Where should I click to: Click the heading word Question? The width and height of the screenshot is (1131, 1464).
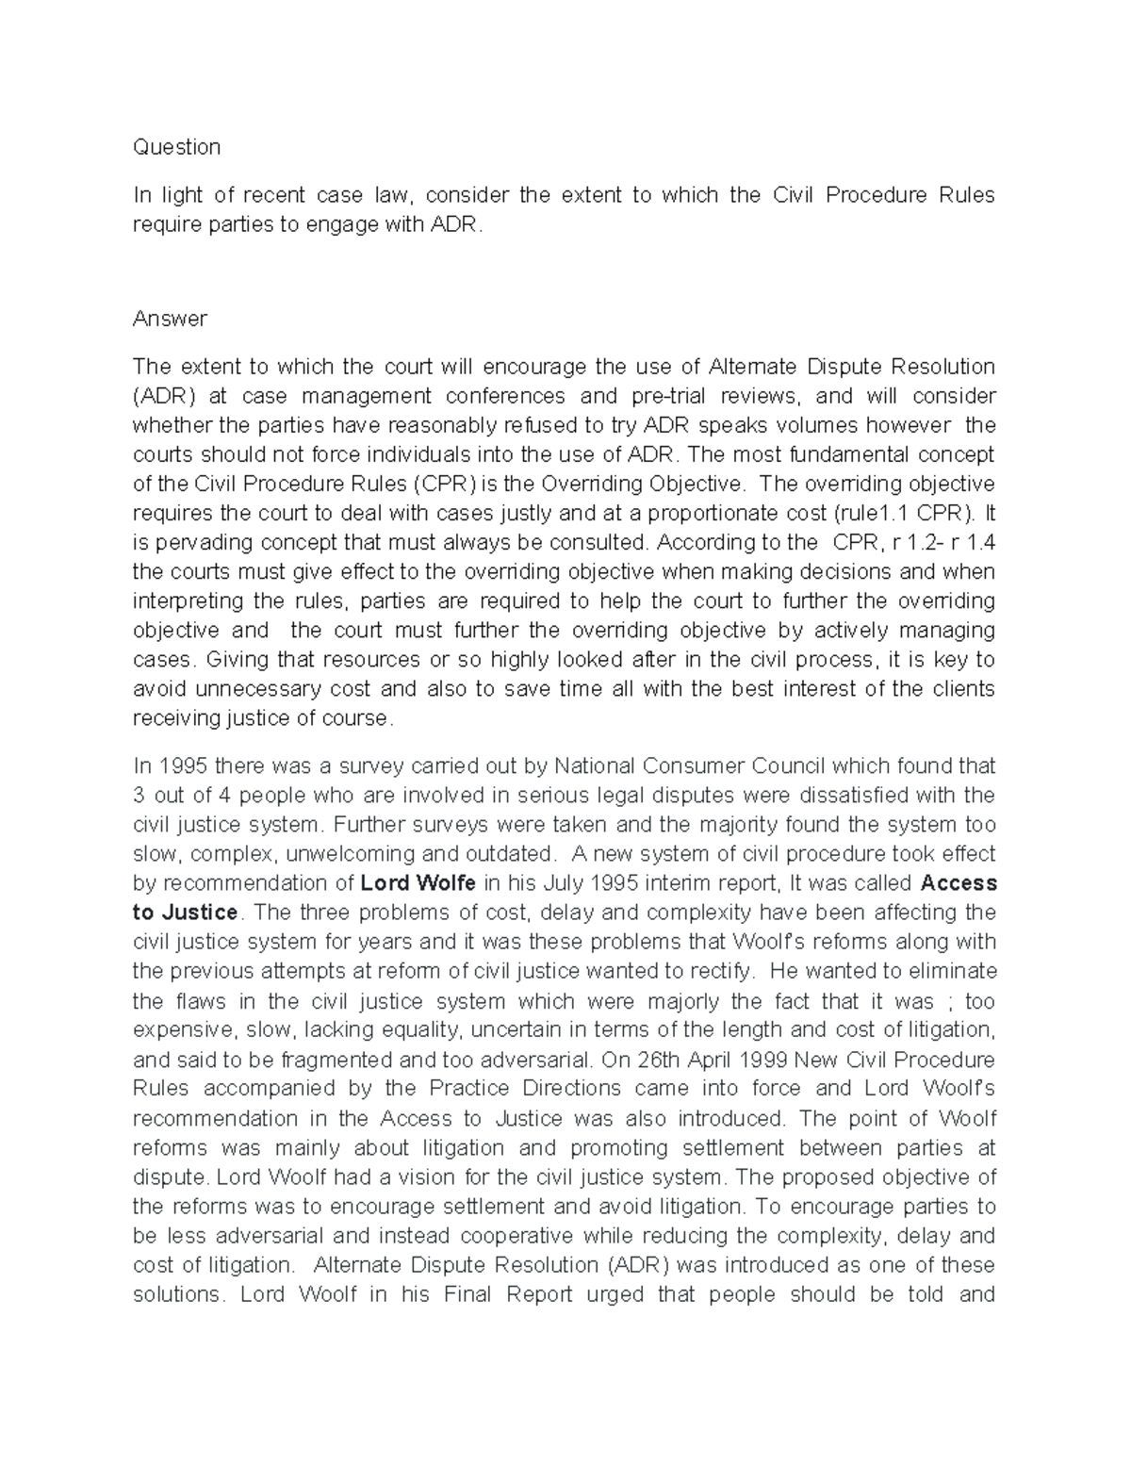tap(176, 147)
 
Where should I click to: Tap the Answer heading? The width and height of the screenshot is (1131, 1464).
tap(170, 319)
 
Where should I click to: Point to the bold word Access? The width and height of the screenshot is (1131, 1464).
tap(958, 883)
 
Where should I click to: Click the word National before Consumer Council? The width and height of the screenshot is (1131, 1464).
tap(600, 765)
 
